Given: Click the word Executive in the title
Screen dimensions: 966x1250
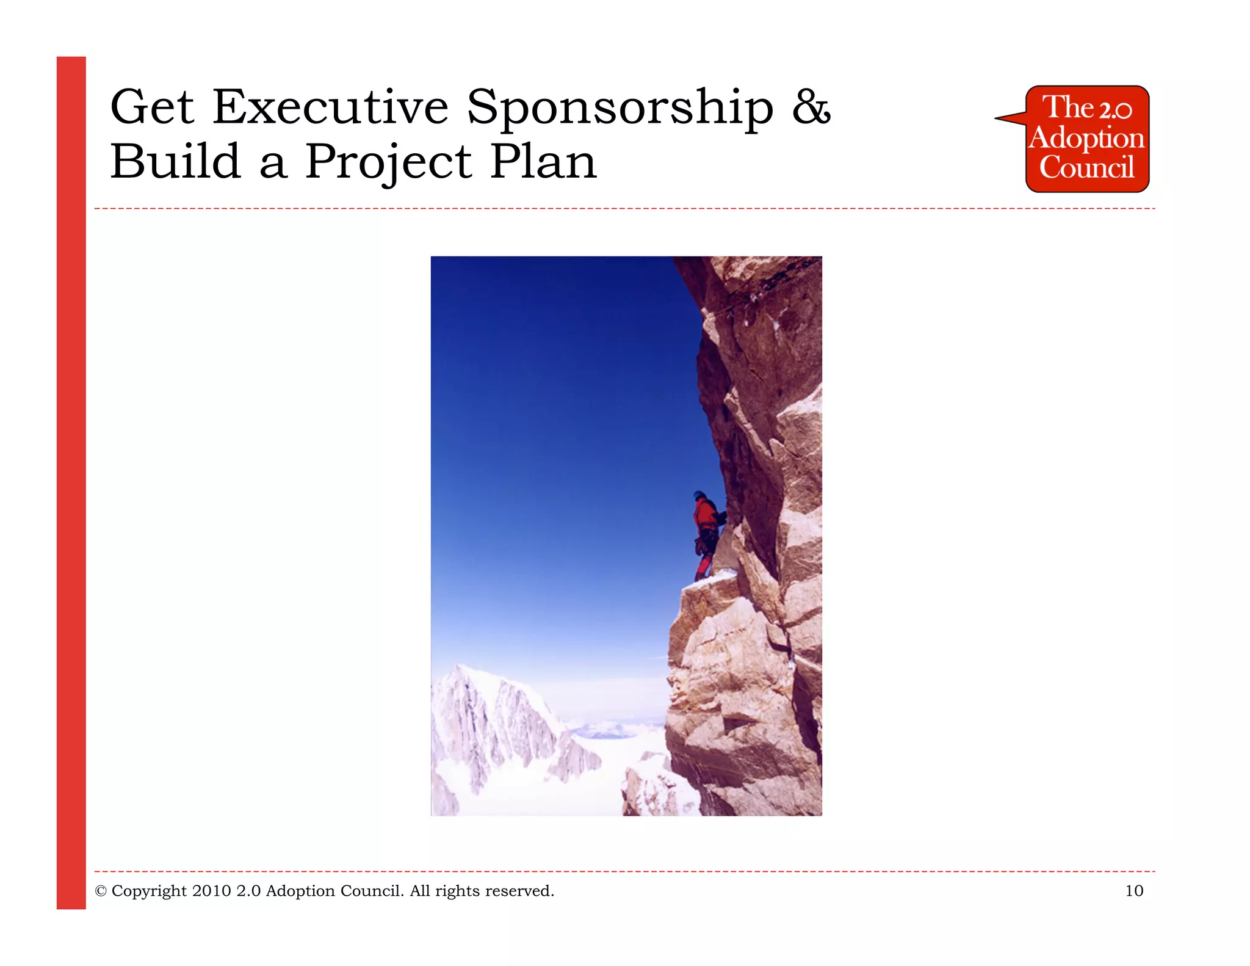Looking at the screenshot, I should tap(330, 107).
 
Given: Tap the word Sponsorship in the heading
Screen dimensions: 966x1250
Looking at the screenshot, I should tap(620, 109).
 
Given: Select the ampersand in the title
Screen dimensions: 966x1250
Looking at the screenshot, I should tap(811, 107).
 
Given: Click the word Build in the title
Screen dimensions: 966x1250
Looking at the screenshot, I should tap(175, 162).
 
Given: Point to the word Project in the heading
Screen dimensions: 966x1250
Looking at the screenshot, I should tap(388, 163).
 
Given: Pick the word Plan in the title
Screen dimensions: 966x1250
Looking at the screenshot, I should tap(543, 162).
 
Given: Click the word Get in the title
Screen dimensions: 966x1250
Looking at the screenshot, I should tap(152, 107).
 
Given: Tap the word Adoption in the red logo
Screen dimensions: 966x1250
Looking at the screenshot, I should tap(1086, 139).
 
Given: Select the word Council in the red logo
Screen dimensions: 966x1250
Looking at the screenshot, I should tap(1086, 167).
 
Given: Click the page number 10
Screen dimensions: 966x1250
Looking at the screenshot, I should tap(1133, 891).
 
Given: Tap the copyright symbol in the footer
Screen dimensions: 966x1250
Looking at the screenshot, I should tap(101, 892).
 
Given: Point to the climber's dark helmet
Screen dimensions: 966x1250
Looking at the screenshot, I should tap(699, 495).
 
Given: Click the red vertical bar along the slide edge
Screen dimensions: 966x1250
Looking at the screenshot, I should tap(71, 482).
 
